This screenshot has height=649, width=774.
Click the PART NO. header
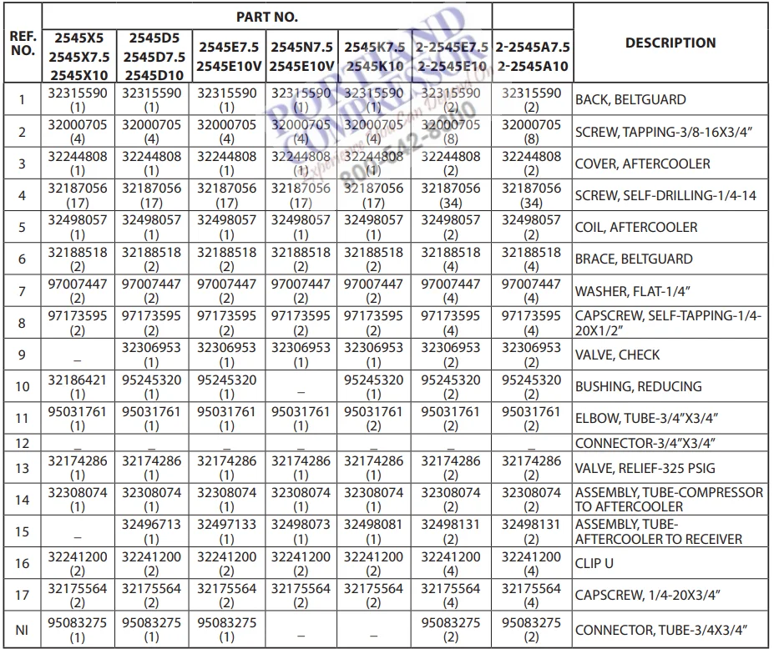point(266,16)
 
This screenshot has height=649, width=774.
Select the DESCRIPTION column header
point(670,43)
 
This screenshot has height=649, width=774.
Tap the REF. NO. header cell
point(22,43)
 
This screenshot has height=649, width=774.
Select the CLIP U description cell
point(594,563)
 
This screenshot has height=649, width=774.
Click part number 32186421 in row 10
point(78,380)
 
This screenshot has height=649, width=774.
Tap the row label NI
point(22,630)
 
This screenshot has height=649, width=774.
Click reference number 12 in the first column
point(22,441)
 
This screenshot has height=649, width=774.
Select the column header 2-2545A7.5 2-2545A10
point(532,56)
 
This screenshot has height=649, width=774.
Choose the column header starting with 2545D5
point(151,55)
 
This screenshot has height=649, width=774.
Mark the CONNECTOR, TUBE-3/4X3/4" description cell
point(660,630)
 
